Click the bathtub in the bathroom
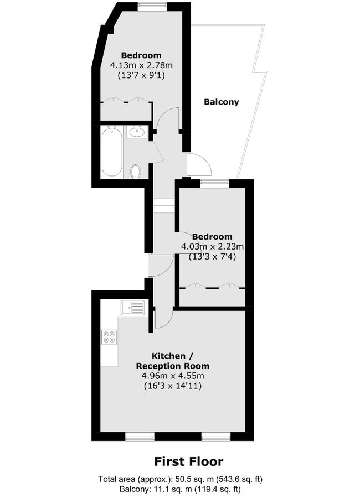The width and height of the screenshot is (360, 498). click(111, 151)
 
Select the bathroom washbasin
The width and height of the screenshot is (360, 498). click(136, 132)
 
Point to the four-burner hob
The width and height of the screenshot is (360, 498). click(109, 336)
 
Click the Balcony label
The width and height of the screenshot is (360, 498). click(222, 102)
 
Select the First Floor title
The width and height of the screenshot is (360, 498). click(188, 461)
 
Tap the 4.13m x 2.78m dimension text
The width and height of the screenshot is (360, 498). click(141, 65)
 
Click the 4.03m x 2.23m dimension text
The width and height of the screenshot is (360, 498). click(213, 246)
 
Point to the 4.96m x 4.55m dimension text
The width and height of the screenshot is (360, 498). click(173, 376)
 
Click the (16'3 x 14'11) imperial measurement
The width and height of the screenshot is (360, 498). click(173, 386)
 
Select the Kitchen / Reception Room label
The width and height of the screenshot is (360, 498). click(173, 360)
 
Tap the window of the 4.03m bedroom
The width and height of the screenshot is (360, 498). click(214, 183)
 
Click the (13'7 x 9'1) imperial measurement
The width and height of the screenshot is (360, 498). click(141, 75)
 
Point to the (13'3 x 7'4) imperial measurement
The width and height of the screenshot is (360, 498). click(213, 256)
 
